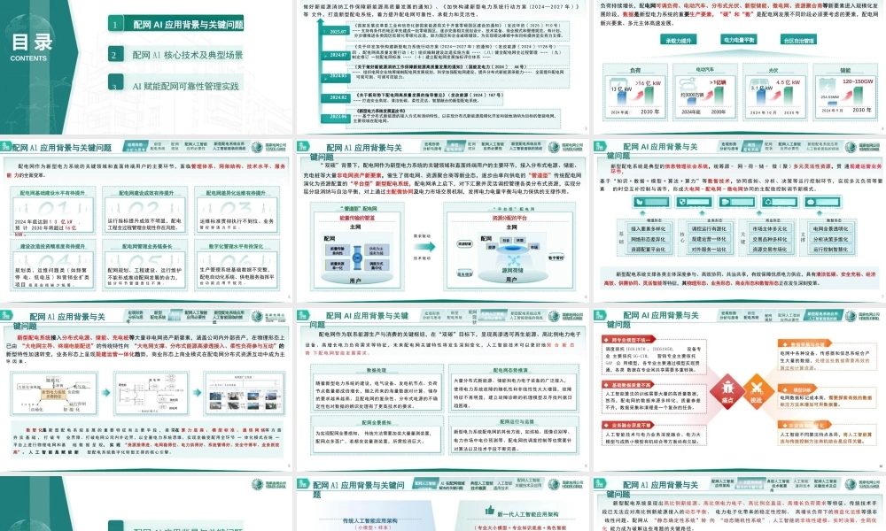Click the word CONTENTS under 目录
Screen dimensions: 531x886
coord(30,58)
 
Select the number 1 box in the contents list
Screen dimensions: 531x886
coord(115,26)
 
